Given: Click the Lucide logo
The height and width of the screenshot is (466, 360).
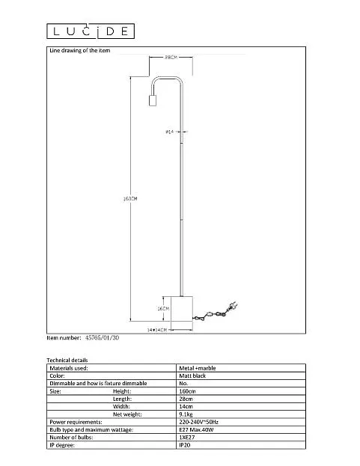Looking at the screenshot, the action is tap(91, 31).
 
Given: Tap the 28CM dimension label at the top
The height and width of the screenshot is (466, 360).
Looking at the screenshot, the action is tap(171, 57).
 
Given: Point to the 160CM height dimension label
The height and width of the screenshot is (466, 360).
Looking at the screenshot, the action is tap(130, 198).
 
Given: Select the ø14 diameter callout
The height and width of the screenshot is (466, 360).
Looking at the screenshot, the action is tap(170, 132).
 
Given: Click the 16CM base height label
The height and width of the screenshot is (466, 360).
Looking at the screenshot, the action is tap(163, 309).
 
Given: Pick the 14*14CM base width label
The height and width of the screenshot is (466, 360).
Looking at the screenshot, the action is tap(157, 330).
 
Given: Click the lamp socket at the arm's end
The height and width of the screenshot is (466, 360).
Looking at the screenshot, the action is tap(153, 100).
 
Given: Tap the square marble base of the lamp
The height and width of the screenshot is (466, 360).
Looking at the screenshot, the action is tap(182, 308).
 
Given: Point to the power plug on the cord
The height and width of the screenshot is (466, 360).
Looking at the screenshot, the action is tap(232, 306).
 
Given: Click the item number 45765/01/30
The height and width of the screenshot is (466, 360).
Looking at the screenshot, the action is tap(102, 337).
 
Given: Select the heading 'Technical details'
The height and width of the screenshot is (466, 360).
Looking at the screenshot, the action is tap(67, 361).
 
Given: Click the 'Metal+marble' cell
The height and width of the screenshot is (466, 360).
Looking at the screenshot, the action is tap(198, 368).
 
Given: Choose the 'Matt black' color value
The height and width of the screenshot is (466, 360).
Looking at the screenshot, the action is tap(192, 375).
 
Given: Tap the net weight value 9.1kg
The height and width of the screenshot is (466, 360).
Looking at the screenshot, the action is tap(186, 414).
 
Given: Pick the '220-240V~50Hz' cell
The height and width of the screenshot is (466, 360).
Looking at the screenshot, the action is tap(198, 422).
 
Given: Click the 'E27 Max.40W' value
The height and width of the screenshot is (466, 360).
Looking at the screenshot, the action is tap(196, 430).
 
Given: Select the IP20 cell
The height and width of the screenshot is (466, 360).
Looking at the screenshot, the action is tap(185, 445).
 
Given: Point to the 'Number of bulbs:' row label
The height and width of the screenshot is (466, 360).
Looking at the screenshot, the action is tap(71, 437).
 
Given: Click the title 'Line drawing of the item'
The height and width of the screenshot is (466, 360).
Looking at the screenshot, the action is tap(79, 51).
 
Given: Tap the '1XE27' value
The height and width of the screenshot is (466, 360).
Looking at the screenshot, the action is tap(187, 437).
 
